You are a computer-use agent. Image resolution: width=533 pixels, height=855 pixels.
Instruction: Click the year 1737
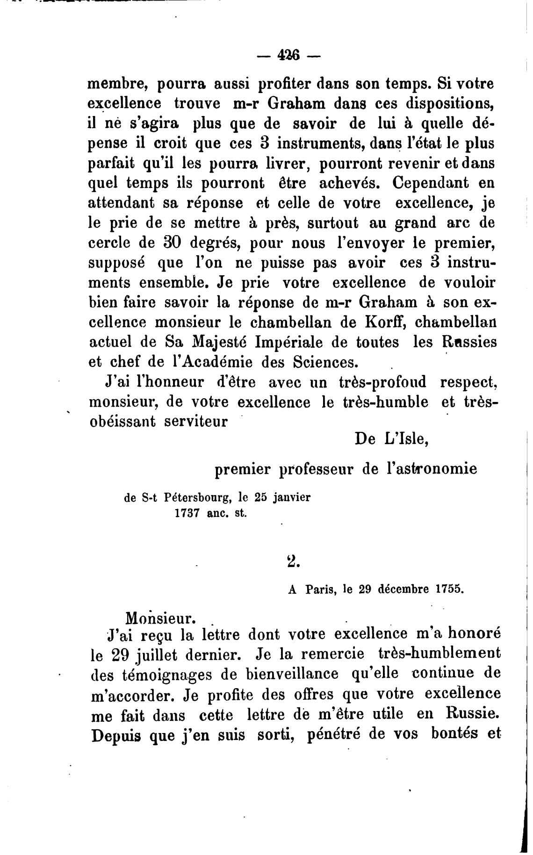188,512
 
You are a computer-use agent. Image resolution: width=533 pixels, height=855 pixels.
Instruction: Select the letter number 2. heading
293,560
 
